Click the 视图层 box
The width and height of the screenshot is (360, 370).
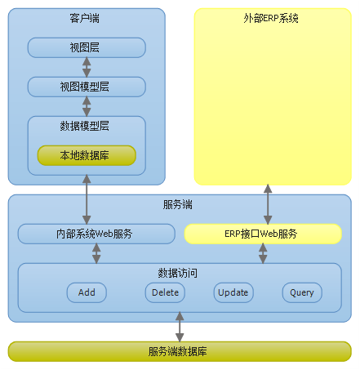point(87,47)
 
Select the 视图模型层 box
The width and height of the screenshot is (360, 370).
point(87,87)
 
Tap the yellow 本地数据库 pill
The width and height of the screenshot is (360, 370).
point(87,155)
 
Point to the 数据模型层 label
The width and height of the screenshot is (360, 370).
point(85,126)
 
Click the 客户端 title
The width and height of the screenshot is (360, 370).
point(85,18)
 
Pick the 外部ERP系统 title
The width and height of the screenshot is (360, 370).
point(271,18)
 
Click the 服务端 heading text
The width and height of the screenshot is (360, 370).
point(178,204)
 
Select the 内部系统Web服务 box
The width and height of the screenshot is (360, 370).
point(96,234)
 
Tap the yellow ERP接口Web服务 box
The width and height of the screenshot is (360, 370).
point(263,234)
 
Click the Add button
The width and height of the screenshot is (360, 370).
point(87,292)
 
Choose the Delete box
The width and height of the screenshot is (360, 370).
point(165,292)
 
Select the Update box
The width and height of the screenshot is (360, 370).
point(233,292)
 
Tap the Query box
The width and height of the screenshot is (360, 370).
point(302,292)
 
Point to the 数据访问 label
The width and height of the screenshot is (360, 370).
point(178,273)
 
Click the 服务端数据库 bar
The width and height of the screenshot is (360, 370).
point(180,351)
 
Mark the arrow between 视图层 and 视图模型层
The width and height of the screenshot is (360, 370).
point(87,67)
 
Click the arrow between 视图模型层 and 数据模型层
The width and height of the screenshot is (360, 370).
point(87,106)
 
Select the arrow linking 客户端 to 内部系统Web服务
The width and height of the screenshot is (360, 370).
point(87,199)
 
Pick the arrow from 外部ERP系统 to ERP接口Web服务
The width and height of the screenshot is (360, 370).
point(268,204)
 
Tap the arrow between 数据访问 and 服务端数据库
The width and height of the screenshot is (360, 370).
point(180,327)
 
